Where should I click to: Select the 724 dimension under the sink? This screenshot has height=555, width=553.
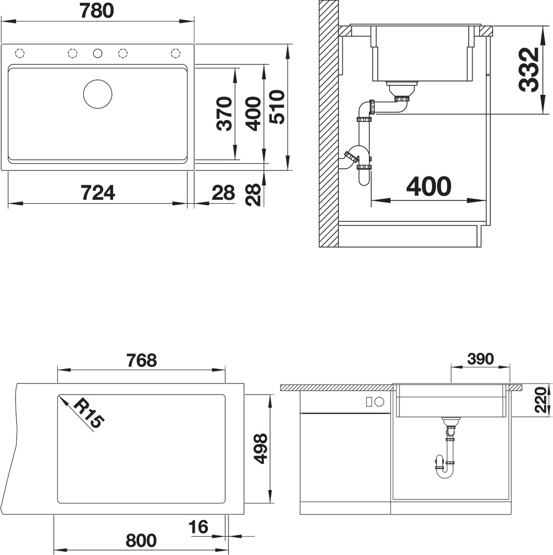[98, 193]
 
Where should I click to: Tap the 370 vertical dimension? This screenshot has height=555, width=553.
[224, 113]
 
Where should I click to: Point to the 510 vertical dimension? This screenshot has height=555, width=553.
[276, 107]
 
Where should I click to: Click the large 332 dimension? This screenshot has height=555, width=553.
[529, 69]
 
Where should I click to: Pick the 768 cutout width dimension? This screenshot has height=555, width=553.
[141, 360]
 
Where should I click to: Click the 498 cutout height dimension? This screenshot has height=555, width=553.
[261, 448]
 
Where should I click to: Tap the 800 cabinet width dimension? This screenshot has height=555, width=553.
[141, 541]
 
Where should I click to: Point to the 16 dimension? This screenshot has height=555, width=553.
[198, 527]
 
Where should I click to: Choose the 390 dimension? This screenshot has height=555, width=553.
[480, 359]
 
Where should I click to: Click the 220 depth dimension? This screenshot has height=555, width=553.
[541, 400]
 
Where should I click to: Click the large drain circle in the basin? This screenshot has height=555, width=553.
[98, 94]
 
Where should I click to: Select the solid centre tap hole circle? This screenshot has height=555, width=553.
[97, 53]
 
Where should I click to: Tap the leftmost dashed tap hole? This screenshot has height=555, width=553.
[20, 53]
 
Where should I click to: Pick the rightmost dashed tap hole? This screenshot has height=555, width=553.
[175, 53]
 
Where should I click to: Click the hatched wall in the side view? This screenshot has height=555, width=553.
[329, 124]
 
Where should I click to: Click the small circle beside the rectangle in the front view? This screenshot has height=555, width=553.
[379, 402]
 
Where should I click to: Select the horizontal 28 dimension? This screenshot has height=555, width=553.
[223, 193]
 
